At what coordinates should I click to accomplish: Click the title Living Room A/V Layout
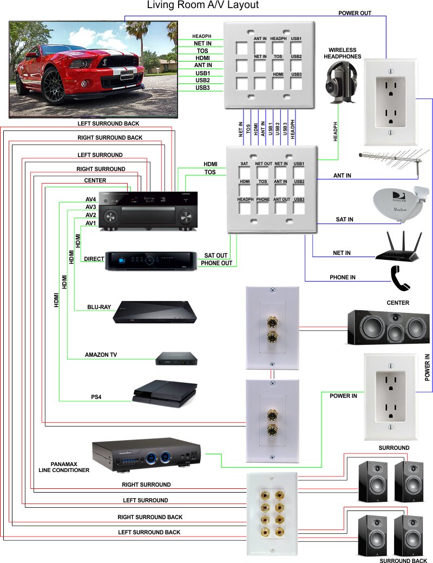[203, 5]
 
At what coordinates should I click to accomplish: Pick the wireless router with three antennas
[397, 246]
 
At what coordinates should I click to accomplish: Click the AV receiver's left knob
[111, 217]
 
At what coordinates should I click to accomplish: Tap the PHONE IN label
[343, 278]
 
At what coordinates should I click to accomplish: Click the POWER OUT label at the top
[355, 13]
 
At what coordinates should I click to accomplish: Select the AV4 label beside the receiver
[90, 199]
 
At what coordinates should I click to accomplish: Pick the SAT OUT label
[216, 255]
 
